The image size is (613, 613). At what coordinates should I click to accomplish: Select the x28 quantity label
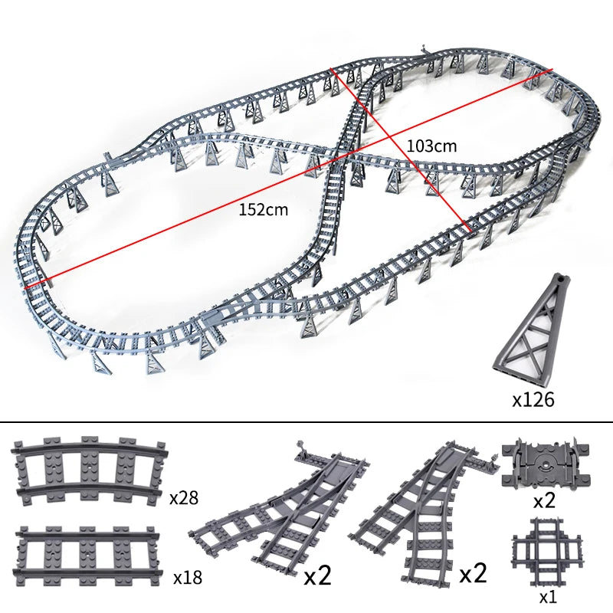coord(184,498)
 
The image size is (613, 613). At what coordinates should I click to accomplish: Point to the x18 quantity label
coord(188,575)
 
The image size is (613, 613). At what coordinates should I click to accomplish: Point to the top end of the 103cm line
coord(331,69)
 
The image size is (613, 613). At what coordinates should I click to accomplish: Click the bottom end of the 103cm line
coord(469,230)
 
